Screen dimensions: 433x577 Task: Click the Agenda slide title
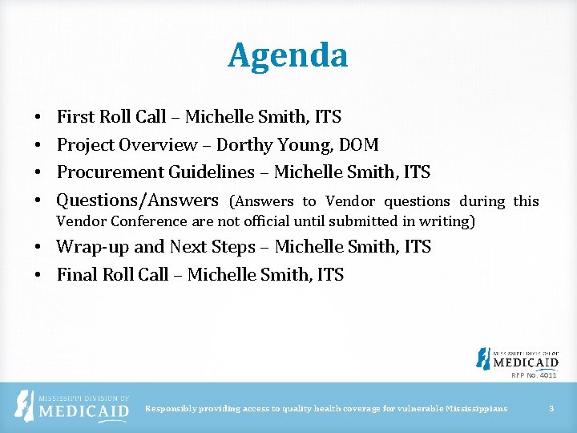288,55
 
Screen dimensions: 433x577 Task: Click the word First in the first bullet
76,117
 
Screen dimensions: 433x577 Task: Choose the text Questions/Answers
137,200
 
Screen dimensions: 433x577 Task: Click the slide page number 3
551,409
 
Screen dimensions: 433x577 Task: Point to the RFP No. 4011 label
534,375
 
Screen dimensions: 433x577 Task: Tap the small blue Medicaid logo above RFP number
517,358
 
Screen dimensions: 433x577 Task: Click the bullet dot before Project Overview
38,146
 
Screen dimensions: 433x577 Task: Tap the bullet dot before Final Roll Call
38,276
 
